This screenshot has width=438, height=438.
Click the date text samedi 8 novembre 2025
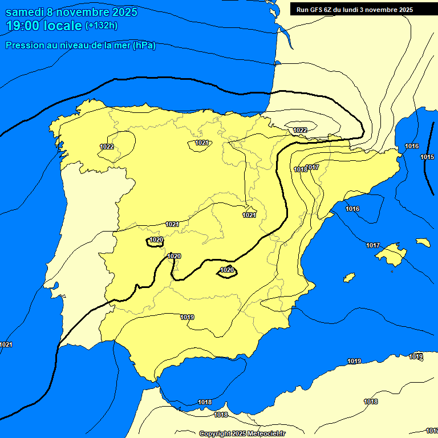click(x=71, y=12)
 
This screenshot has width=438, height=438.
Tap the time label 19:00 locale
click(x=44, y=26)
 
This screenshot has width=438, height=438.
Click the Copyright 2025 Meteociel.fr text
click(x=242, y=433)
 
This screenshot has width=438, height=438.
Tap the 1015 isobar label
click(x=427, y=157)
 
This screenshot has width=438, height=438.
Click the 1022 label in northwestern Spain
click(x=107, y=147)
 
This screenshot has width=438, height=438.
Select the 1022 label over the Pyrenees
click(x=301, y=130)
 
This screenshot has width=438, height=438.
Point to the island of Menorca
click(x=423, y=242)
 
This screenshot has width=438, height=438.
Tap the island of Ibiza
click(x=349, y=277)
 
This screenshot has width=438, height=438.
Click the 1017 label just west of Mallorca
click(x=373, y=245)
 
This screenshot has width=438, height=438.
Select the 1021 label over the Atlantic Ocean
click(x=6, y=344)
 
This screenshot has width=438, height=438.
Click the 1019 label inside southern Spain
click(x=187, y=317)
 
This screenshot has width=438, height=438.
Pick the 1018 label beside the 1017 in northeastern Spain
click(x=301, y=169)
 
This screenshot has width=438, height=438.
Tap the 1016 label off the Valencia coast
click(x=352, y=209)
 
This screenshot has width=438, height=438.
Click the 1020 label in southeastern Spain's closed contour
click(x=227, y=269)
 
